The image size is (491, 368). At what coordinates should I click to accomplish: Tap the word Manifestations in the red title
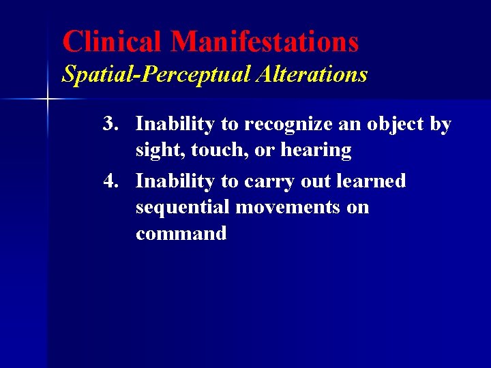coord(265,42)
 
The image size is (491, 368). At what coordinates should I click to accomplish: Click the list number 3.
coord(111,124)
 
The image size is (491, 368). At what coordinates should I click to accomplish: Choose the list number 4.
coord(111,181)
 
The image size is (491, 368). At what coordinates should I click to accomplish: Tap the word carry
coord(276,182)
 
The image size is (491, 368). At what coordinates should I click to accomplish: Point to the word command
coord(181,234)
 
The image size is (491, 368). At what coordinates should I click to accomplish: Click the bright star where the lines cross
coord(47,100)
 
